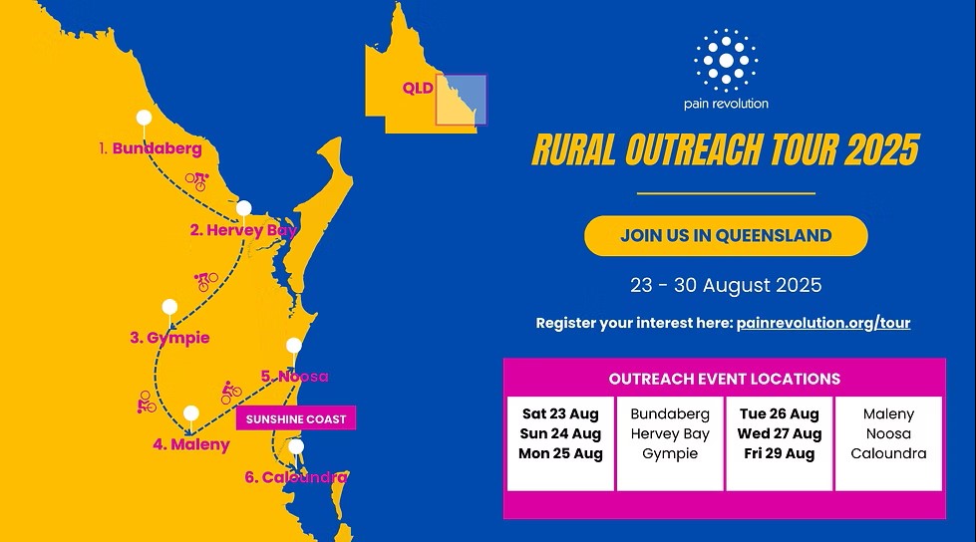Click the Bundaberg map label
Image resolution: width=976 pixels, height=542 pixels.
150,148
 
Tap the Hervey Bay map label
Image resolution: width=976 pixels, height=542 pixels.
243,230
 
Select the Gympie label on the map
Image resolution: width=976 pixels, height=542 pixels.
169,338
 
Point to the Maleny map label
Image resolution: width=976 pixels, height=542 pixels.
191,444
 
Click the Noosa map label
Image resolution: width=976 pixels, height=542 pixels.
294,377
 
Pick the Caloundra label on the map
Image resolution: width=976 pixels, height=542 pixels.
296,477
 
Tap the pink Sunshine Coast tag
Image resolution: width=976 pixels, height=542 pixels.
295,419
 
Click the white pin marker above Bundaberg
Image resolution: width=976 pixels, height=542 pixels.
145,119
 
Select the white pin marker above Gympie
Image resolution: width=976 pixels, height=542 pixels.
169,307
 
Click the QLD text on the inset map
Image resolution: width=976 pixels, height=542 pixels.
418,88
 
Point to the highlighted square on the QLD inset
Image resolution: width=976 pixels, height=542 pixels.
461,100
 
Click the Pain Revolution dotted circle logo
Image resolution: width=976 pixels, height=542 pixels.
726,61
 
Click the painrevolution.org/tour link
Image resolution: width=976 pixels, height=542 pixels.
822,323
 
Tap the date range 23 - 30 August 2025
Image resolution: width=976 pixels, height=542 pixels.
726,285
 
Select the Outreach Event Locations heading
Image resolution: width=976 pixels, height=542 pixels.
725,379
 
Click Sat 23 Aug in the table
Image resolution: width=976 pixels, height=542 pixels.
560,413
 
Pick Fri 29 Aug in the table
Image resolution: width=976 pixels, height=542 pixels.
779,453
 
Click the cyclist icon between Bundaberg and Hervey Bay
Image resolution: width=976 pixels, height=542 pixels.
196,181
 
